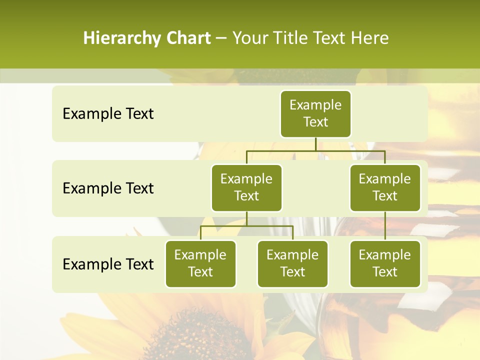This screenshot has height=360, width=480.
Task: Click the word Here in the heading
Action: [370, 38]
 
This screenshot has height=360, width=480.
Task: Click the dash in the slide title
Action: [221, 39]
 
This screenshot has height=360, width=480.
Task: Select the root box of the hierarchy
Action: [315, 113]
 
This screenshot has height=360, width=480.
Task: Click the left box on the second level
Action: [246, 187]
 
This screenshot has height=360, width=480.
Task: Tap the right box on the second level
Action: [385, 187]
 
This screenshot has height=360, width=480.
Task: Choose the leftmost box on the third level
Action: [200, 263]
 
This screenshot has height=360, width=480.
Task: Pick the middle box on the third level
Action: [292, 263]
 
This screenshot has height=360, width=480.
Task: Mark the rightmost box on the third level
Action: [385, 263]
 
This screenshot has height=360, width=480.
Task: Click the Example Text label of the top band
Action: [108, 114]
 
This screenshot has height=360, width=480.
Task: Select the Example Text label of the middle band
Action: [108, 188]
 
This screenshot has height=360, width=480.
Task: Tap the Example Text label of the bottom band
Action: [108, 264]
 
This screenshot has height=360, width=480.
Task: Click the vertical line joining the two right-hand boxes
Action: [385, 226]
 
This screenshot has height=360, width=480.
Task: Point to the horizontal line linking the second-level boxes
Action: [315, 150]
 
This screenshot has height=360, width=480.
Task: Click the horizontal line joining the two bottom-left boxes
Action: [246, 226]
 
